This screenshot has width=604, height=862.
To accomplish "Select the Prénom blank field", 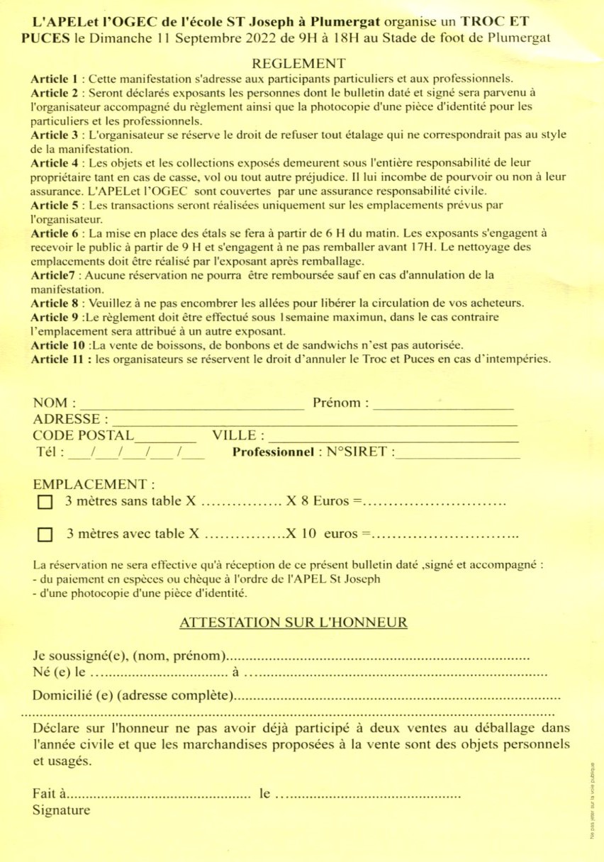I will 443,404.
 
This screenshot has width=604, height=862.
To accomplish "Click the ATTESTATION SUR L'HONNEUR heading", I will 293,623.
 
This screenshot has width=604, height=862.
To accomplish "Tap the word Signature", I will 62,811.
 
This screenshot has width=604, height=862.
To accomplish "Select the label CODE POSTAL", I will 83,435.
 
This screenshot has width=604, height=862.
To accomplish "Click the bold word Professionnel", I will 273,452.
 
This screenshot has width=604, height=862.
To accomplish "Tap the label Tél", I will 48,452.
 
